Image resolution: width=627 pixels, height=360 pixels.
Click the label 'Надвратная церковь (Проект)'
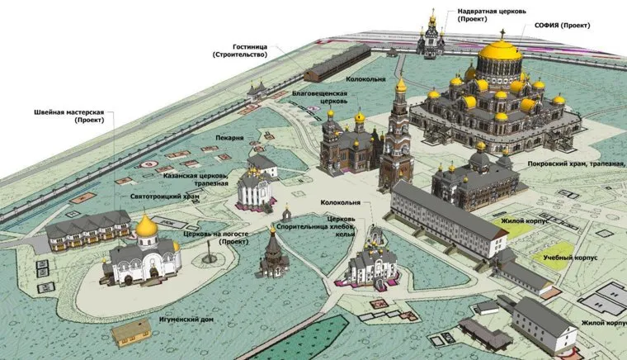pos(492,15)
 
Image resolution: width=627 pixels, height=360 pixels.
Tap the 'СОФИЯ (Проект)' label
pos(562,26)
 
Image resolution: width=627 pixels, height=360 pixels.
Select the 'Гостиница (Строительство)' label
pos(240,51)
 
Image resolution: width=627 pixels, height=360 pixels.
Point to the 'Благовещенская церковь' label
pos(319,97)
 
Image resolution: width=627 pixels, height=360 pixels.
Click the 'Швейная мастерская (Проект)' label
pos(68,116)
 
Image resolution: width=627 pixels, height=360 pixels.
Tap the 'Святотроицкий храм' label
pos(165,197)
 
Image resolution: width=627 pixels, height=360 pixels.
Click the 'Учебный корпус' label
pos(570,258)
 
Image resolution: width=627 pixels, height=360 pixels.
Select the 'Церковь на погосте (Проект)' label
pos(216,238)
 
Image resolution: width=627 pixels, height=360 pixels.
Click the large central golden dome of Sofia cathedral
pos(500,51)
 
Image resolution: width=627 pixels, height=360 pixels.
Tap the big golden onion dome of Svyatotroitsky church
pos(147,226)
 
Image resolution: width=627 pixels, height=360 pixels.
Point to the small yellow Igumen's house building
pos(131,332)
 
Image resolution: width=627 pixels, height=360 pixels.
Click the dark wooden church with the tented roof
pos(274,253)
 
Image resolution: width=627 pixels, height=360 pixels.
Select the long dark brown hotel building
pos(337,63)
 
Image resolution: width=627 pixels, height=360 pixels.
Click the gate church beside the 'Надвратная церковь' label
pos(431,37)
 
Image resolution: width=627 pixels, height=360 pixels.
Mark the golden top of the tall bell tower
pos(401,85)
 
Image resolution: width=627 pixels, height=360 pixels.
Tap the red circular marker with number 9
pos(148,164)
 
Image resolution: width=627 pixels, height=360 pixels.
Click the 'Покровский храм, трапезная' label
pos(577,164)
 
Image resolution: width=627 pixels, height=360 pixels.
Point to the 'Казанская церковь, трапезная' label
pos(196,180)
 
